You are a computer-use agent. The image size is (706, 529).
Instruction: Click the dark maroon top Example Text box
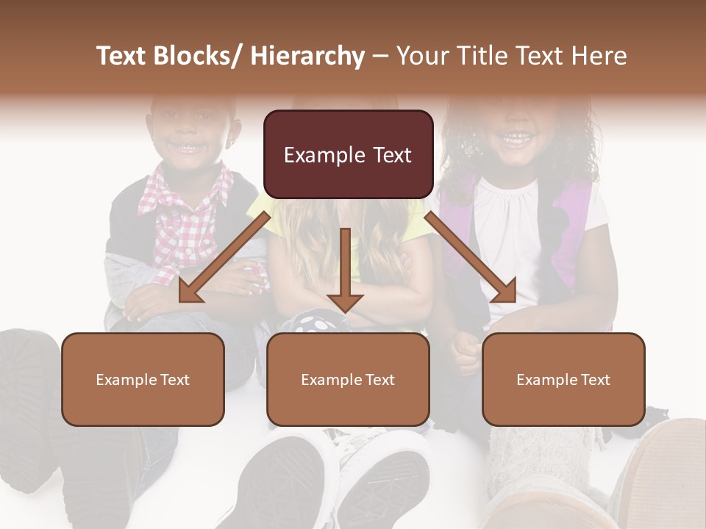[x=348, y=155]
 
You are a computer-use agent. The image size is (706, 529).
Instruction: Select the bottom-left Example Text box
[x=143, y=379]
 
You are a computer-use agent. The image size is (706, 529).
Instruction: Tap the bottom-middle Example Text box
[x=348, y=379]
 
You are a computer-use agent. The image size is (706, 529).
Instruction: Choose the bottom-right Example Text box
[x=563, y=379]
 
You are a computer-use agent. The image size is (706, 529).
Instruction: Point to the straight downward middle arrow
[x=345, y=268]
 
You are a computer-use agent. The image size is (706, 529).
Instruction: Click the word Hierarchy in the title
[x=307, y=57]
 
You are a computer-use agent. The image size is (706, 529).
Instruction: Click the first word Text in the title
[x=123, y=57]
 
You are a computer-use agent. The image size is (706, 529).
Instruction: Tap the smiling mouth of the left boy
[x=190, y=147]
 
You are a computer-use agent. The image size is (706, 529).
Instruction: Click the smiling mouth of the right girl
[x=517, y=137]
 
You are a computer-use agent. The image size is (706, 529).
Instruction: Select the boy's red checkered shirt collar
[x=193, y=192]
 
